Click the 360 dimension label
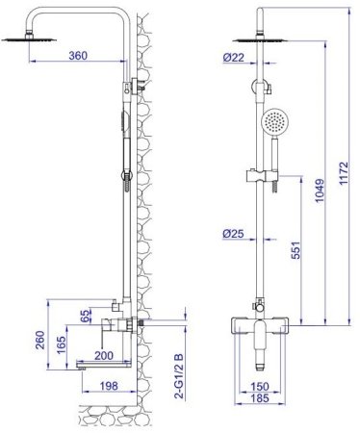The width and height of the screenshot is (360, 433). (78, 56)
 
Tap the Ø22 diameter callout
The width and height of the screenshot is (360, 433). (233, 58)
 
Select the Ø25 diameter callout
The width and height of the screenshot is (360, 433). (233, 234)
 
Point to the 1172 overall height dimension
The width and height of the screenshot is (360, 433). (344, 173)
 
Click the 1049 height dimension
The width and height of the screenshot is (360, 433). (320, 191)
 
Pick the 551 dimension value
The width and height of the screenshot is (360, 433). (296, 250)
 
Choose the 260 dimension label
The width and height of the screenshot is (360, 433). (40, 341)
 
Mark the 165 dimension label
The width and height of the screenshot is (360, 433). (61, 344)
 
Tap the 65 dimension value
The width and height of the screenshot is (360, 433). (85, 316)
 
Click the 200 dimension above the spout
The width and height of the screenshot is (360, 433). (104, 355)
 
